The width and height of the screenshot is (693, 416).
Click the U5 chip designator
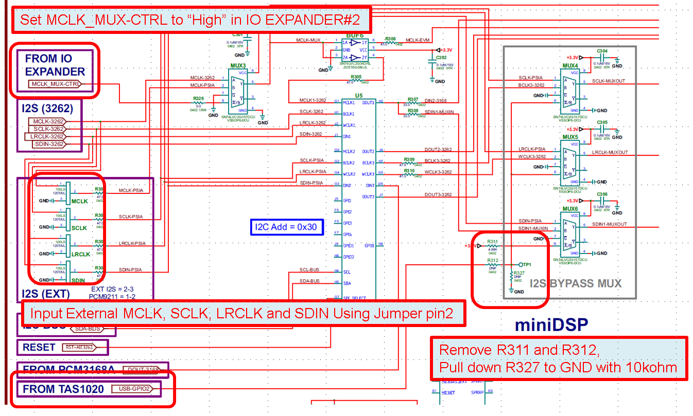[x=359, y=96]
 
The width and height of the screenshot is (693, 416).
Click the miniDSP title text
[x=551, y=324]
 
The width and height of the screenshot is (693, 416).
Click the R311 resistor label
[x=492, y=242]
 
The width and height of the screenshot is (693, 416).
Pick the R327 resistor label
[x=518, y=273]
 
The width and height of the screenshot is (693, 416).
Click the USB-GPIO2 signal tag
[x=134, y=389]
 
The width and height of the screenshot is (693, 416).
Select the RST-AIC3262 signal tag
[x=85, y=348]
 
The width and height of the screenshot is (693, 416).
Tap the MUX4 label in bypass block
[x=570, y=66]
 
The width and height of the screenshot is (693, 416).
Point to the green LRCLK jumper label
[x=81, y=254]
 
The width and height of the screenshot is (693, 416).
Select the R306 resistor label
[x=390, y=39]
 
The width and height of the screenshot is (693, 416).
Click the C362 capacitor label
[x=441, y=58]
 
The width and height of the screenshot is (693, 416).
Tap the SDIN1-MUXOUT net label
[x=610, y=224]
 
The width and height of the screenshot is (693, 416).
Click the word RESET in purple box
[x=39, y=348]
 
